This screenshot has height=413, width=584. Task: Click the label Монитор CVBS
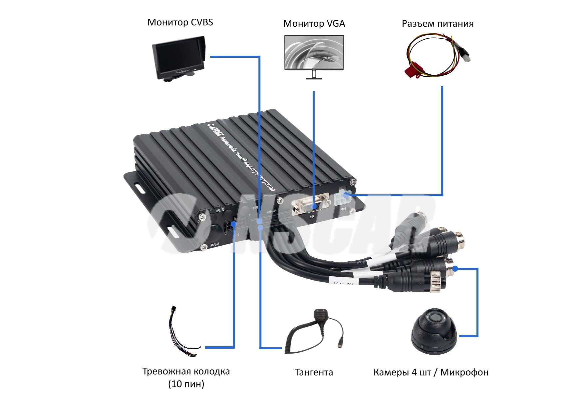click(180, 22)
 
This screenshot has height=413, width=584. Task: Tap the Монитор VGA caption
click(314, 24)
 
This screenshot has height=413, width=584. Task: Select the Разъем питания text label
click(438, 24)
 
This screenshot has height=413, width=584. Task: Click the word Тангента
click(314, 372)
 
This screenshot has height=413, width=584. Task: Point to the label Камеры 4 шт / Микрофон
click(431, 372)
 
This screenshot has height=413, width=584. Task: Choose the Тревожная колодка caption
click(186, 372)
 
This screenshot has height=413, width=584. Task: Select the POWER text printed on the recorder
click(343, 209)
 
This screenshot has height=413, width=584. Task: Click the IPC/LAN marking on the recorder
click(214, 245)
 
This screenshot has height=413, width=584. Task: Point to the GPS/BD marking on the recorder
click(220, 210)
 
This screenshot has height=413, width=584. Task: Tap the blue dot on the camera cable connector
click(455, 268)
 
